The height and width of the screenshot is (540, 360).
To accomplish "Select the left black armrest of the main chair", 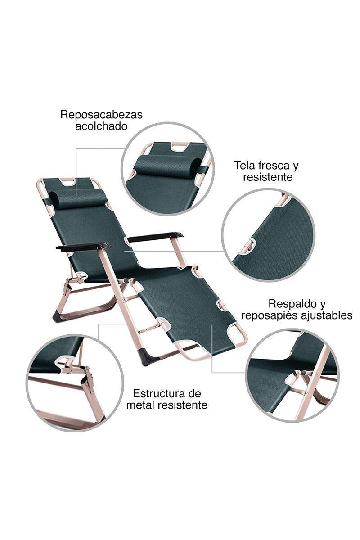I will tap(83, 247).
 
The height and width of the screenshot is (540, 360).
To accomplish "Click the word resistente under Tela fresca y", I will tap(268, 177).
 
